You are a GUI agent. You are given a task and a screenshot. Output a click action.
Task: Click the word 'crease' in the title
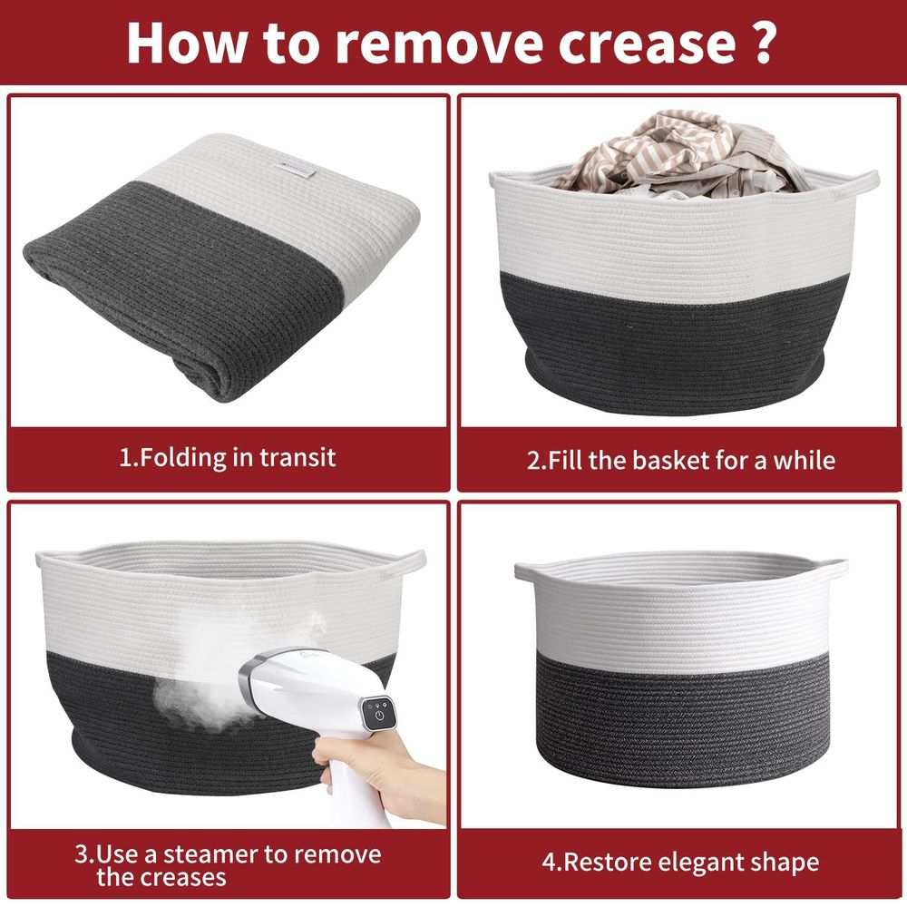pos(647,43)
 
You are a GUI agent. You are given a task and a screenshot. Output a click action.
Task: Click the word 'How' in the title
pos(187,42)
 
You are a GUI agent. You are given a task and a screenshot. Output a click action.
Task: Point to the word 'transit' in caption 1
pos(297,458)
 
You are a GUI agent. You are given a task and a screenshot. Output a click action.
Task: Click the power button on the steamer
pos(379,716)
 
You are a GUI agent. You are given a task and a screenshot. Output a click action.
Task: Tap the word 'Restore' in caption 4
pos(608,863)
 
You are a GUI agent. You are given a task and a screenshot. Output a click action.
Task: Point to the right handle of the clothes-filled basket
pos(864,180)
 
